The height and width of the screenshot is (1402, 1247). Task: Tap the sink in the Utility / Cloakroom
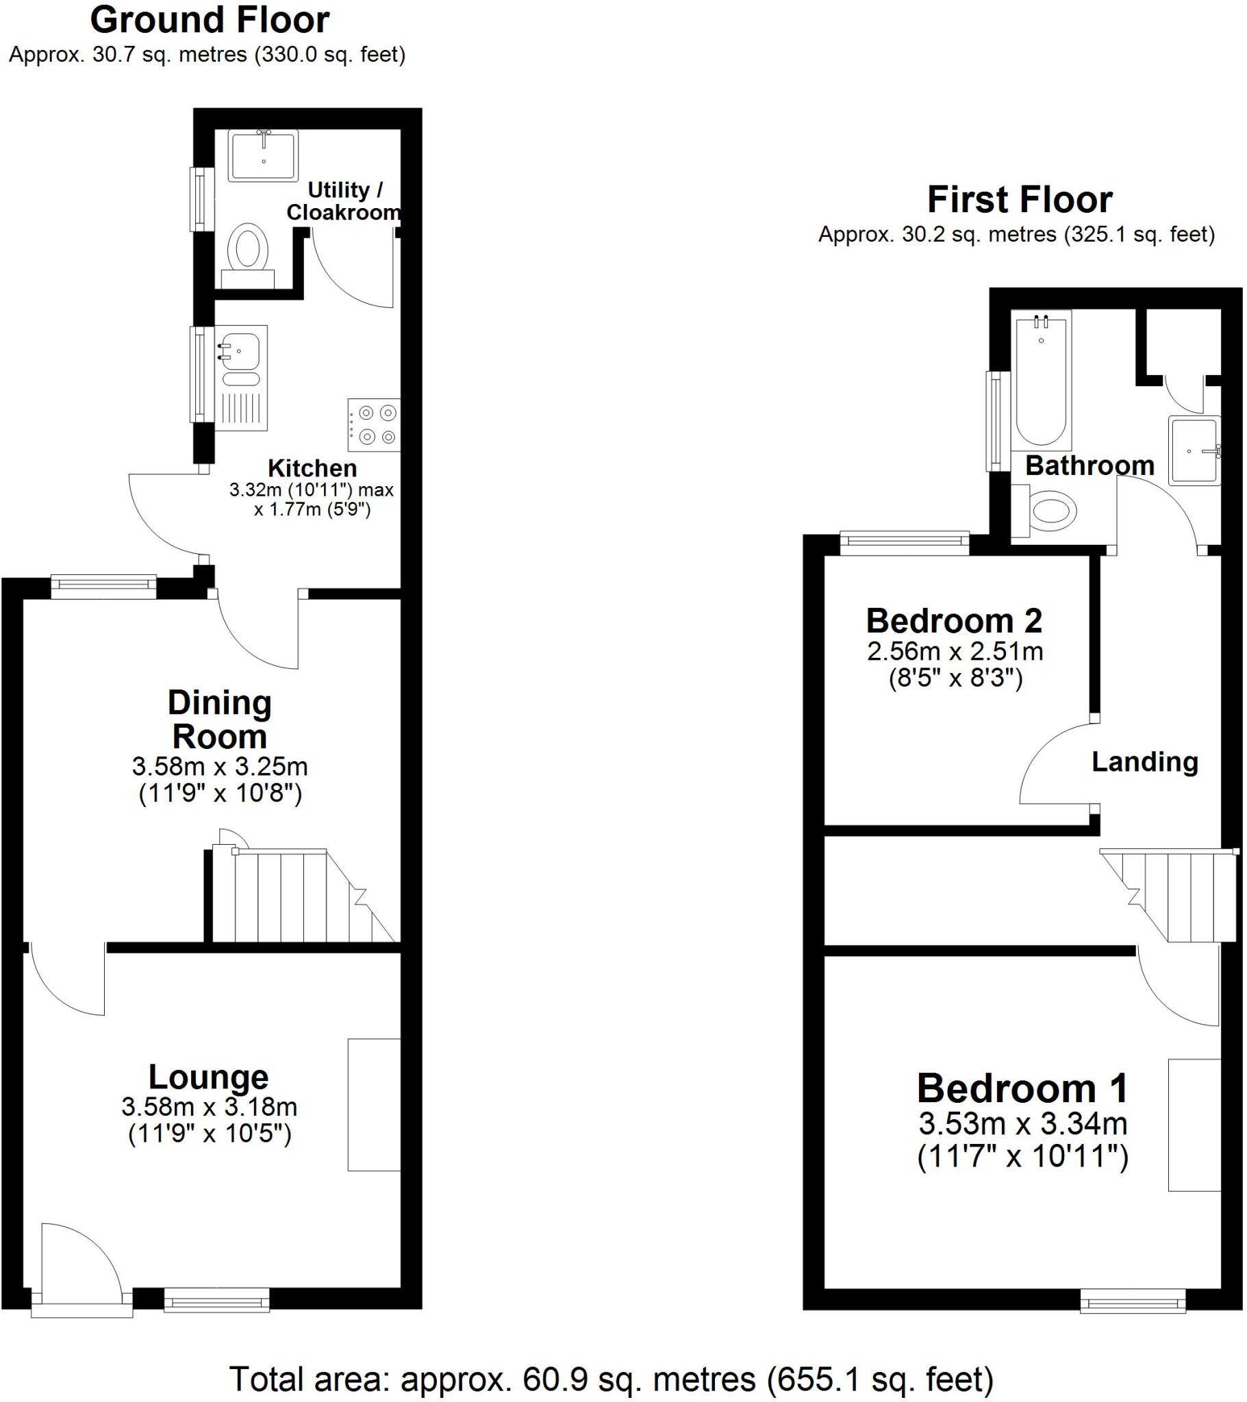click(264, 155)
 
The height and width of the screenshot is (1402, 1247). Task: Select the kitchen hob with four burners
click(374, 424)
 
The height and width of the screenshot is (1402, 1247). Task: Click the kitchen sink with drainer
click(242, 377)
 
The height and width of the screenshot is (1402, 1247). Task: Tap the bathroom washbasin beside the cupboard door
click(1195, 450)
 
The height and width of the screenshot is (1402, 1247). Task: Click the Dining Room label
click(220, 719)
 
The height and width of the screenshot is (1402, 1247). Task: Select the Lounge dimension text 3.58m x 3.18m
click(210, 1106)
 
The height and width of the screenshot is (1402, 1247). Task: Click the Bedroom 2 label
click(954, 621)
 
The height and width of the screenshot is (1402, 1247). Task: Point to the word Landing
click(1145, 761)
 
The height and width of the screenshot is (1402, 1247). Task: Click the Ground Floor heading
click(210, 21)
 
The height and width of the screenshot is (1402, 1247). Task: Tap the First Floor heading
click(1019, 200)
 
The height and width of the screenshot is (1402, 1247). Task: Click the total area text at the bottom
click(611, 1379)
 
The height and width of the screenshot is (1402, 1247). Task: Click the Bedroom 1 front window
click(1133, 1301)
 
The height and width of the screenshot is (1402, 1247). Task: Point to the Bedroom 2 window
click(905, 543)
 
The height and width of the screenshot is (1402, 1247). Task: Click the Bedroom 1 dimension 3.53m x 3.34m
click(1022, 1123)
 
